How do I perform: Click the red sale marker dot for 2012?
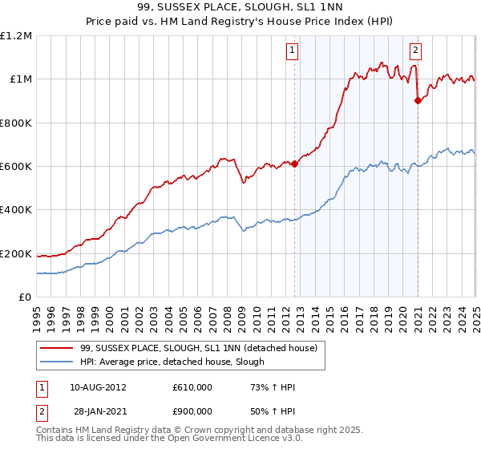pos(294,164)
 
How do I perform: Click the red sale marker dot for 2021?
pos(418,100)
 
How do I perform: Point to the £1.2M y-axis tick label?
pos(16,35)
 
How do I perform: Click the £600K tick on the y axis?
pos(16,167)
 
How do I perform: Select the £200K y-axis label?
pos(16,254)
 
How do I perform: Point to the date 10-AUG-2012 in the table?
pos(98,387)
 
